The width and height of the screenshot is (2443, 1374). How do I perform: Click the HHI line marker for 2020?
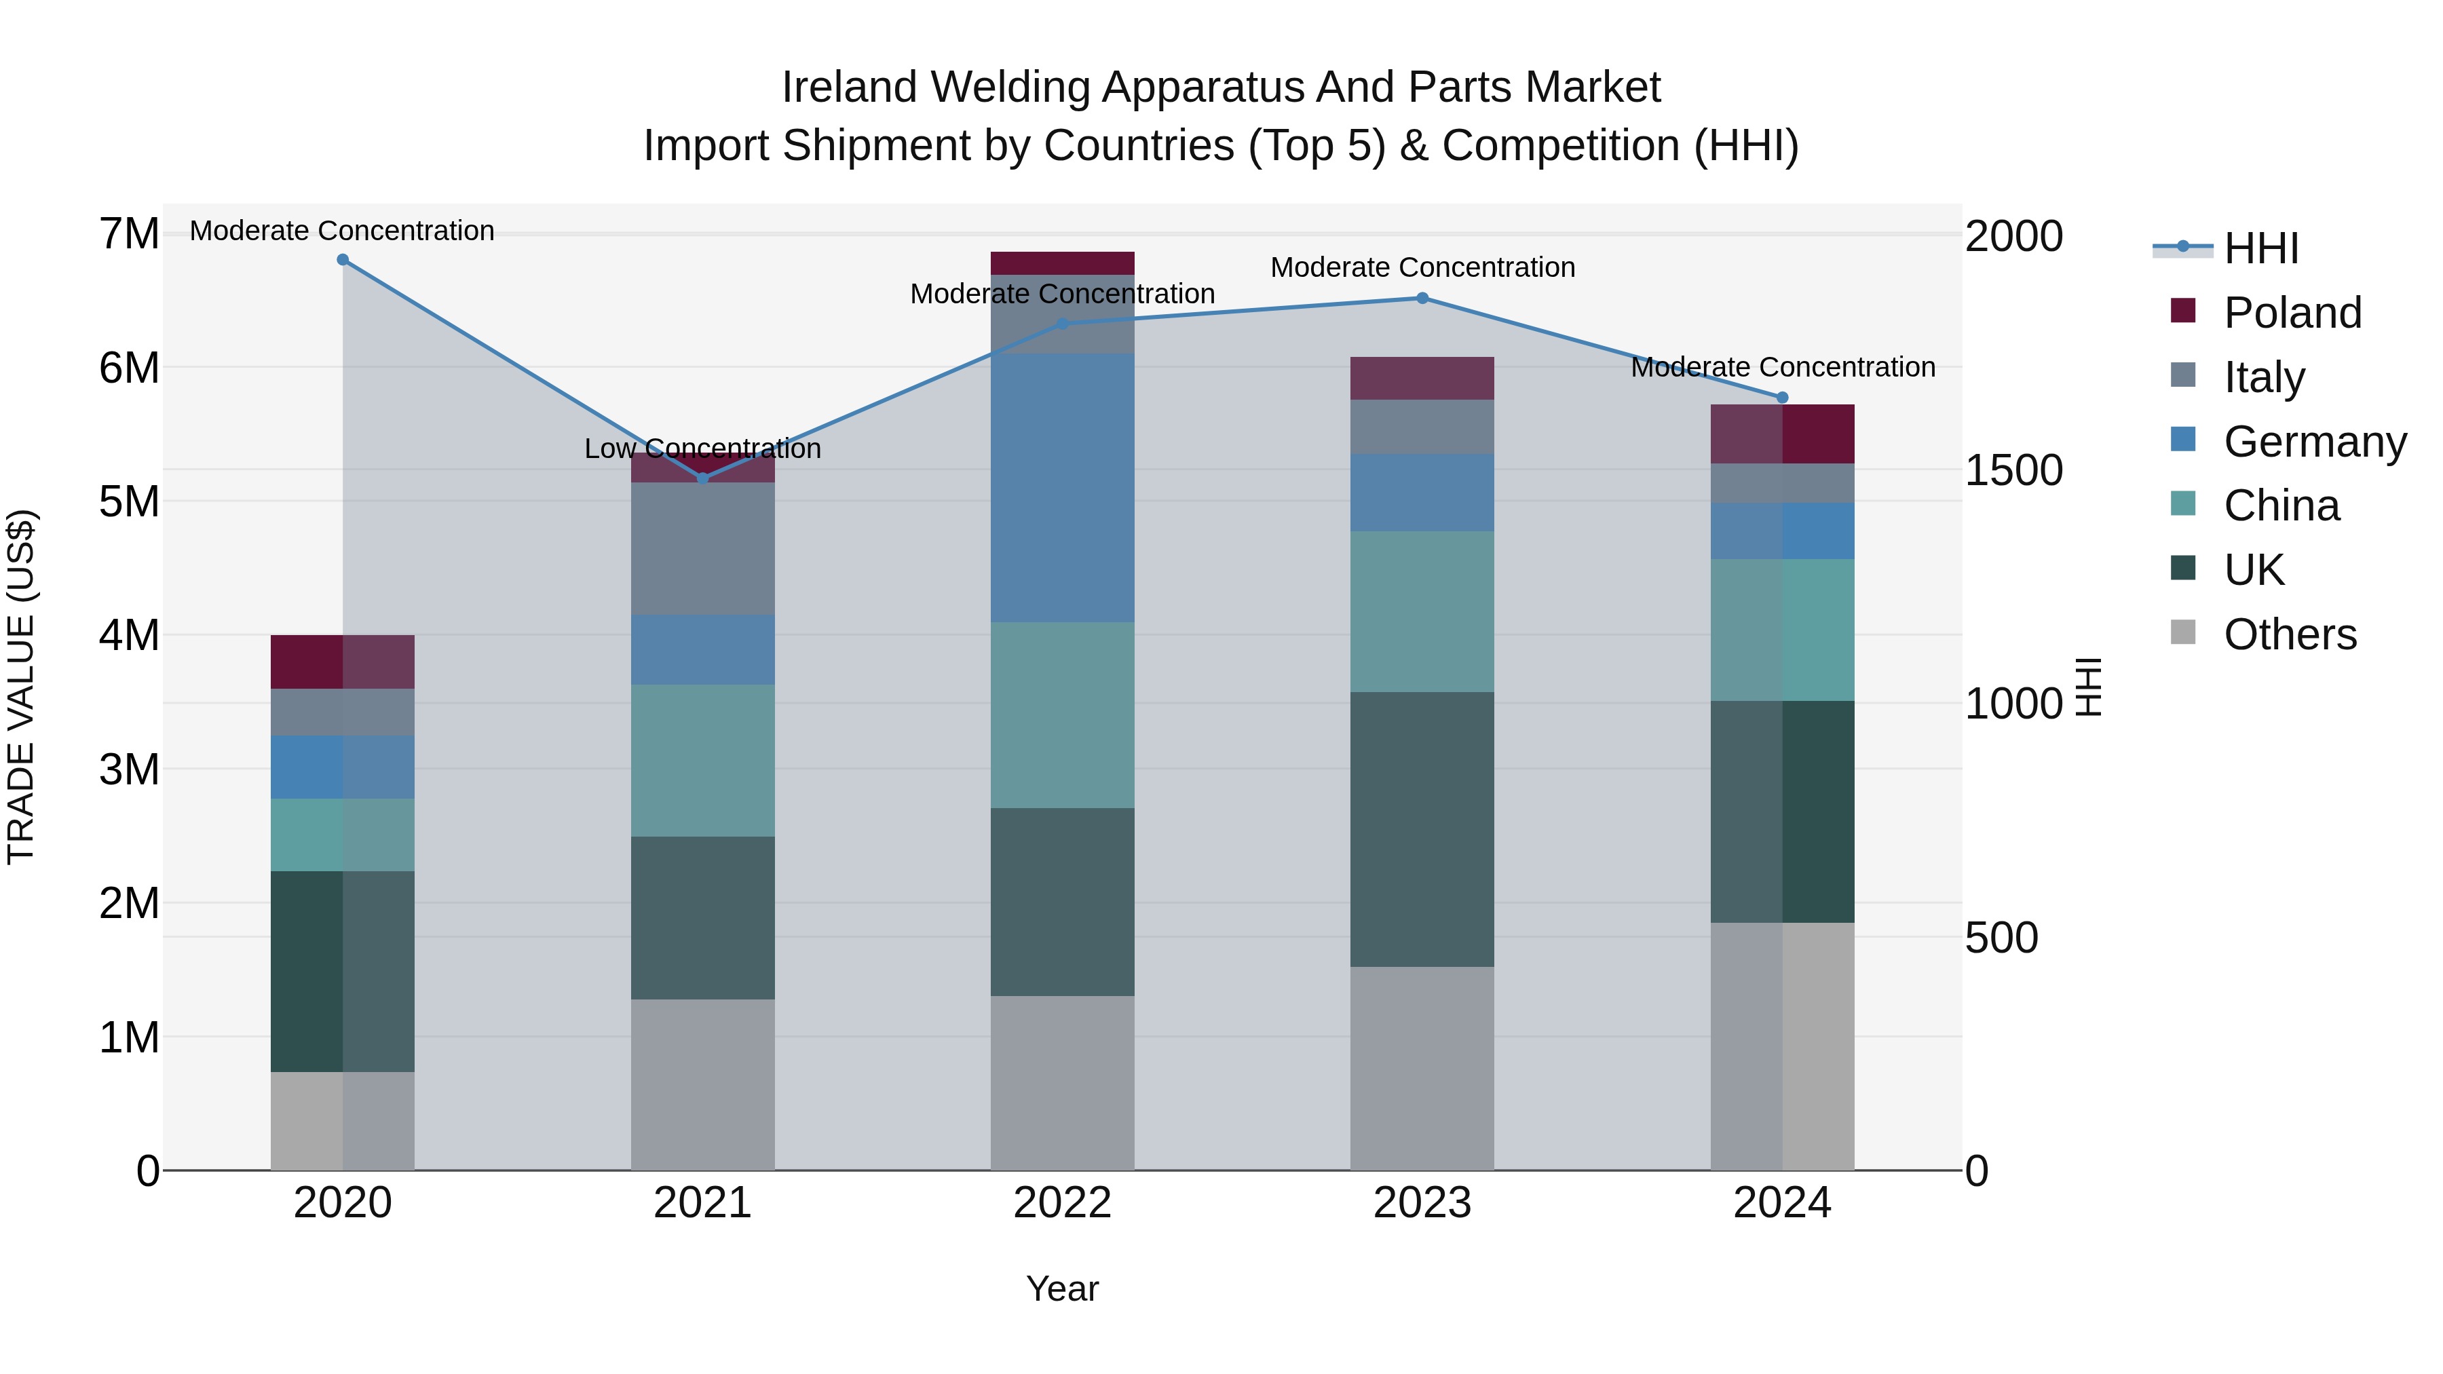pyautogui.click(x=343, y=260)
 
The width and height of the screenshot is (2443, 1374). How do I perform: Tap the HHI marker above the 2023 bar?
pyautogui.click(x=1422, y=298)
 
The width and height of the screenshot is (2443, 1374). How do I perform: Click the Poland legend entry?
pyautogui.click(x=2292, y=313)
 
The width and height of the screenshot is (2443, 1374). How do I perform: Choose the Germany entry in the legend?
pyautogui.click(x=2314, y=442)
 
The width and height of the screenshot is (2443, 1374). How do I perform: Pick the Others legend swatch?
pyautogui.click(x=2182, y=632)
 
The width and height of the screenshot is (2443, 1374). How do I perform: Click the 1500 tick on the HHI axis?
pyautogui.click(x=2013, y=470)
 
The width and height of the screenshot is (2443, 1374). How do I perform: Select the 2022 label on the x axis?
pyautogui.click(x=1062, y=1203)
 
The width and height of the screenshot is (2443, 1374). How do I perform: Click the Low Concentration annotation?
pyautogui.click(x=703, y=449)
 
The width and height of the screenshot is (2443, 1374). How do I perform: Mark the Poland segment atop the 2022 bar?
pyautogui.click(x=1062, y=263)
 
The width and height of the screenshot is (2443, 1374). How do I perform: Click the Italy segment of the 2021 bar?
pyautogui.click(x=703, y=548)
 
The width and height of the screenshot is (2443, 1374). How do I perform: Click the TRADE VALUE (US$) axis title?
pyautogui.click(x=21, y=687)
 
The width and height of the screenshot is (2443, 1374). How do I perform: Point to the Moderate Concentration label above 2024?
pyautogui.click(x=1782, y=367)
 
